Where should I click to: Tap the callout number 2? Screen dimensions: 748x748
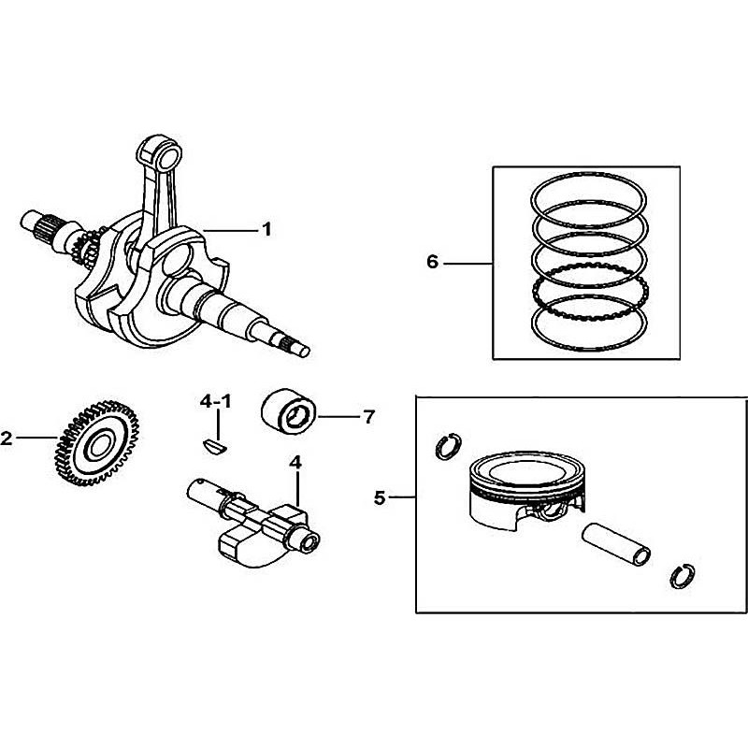[x=7, y=438]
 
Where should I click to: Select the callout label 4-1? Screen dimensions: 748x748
[x=216, y=402]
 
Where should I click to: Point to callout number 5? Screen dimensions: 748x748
[x=380, y=498]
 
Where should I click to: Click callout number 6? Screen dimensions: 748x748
[x=432, y=263]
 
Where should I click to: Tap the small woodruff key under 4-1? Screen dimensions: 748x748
[x=216, y=446]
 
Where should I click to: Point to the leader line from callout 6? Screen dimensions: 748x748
[x=467, y=264]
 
